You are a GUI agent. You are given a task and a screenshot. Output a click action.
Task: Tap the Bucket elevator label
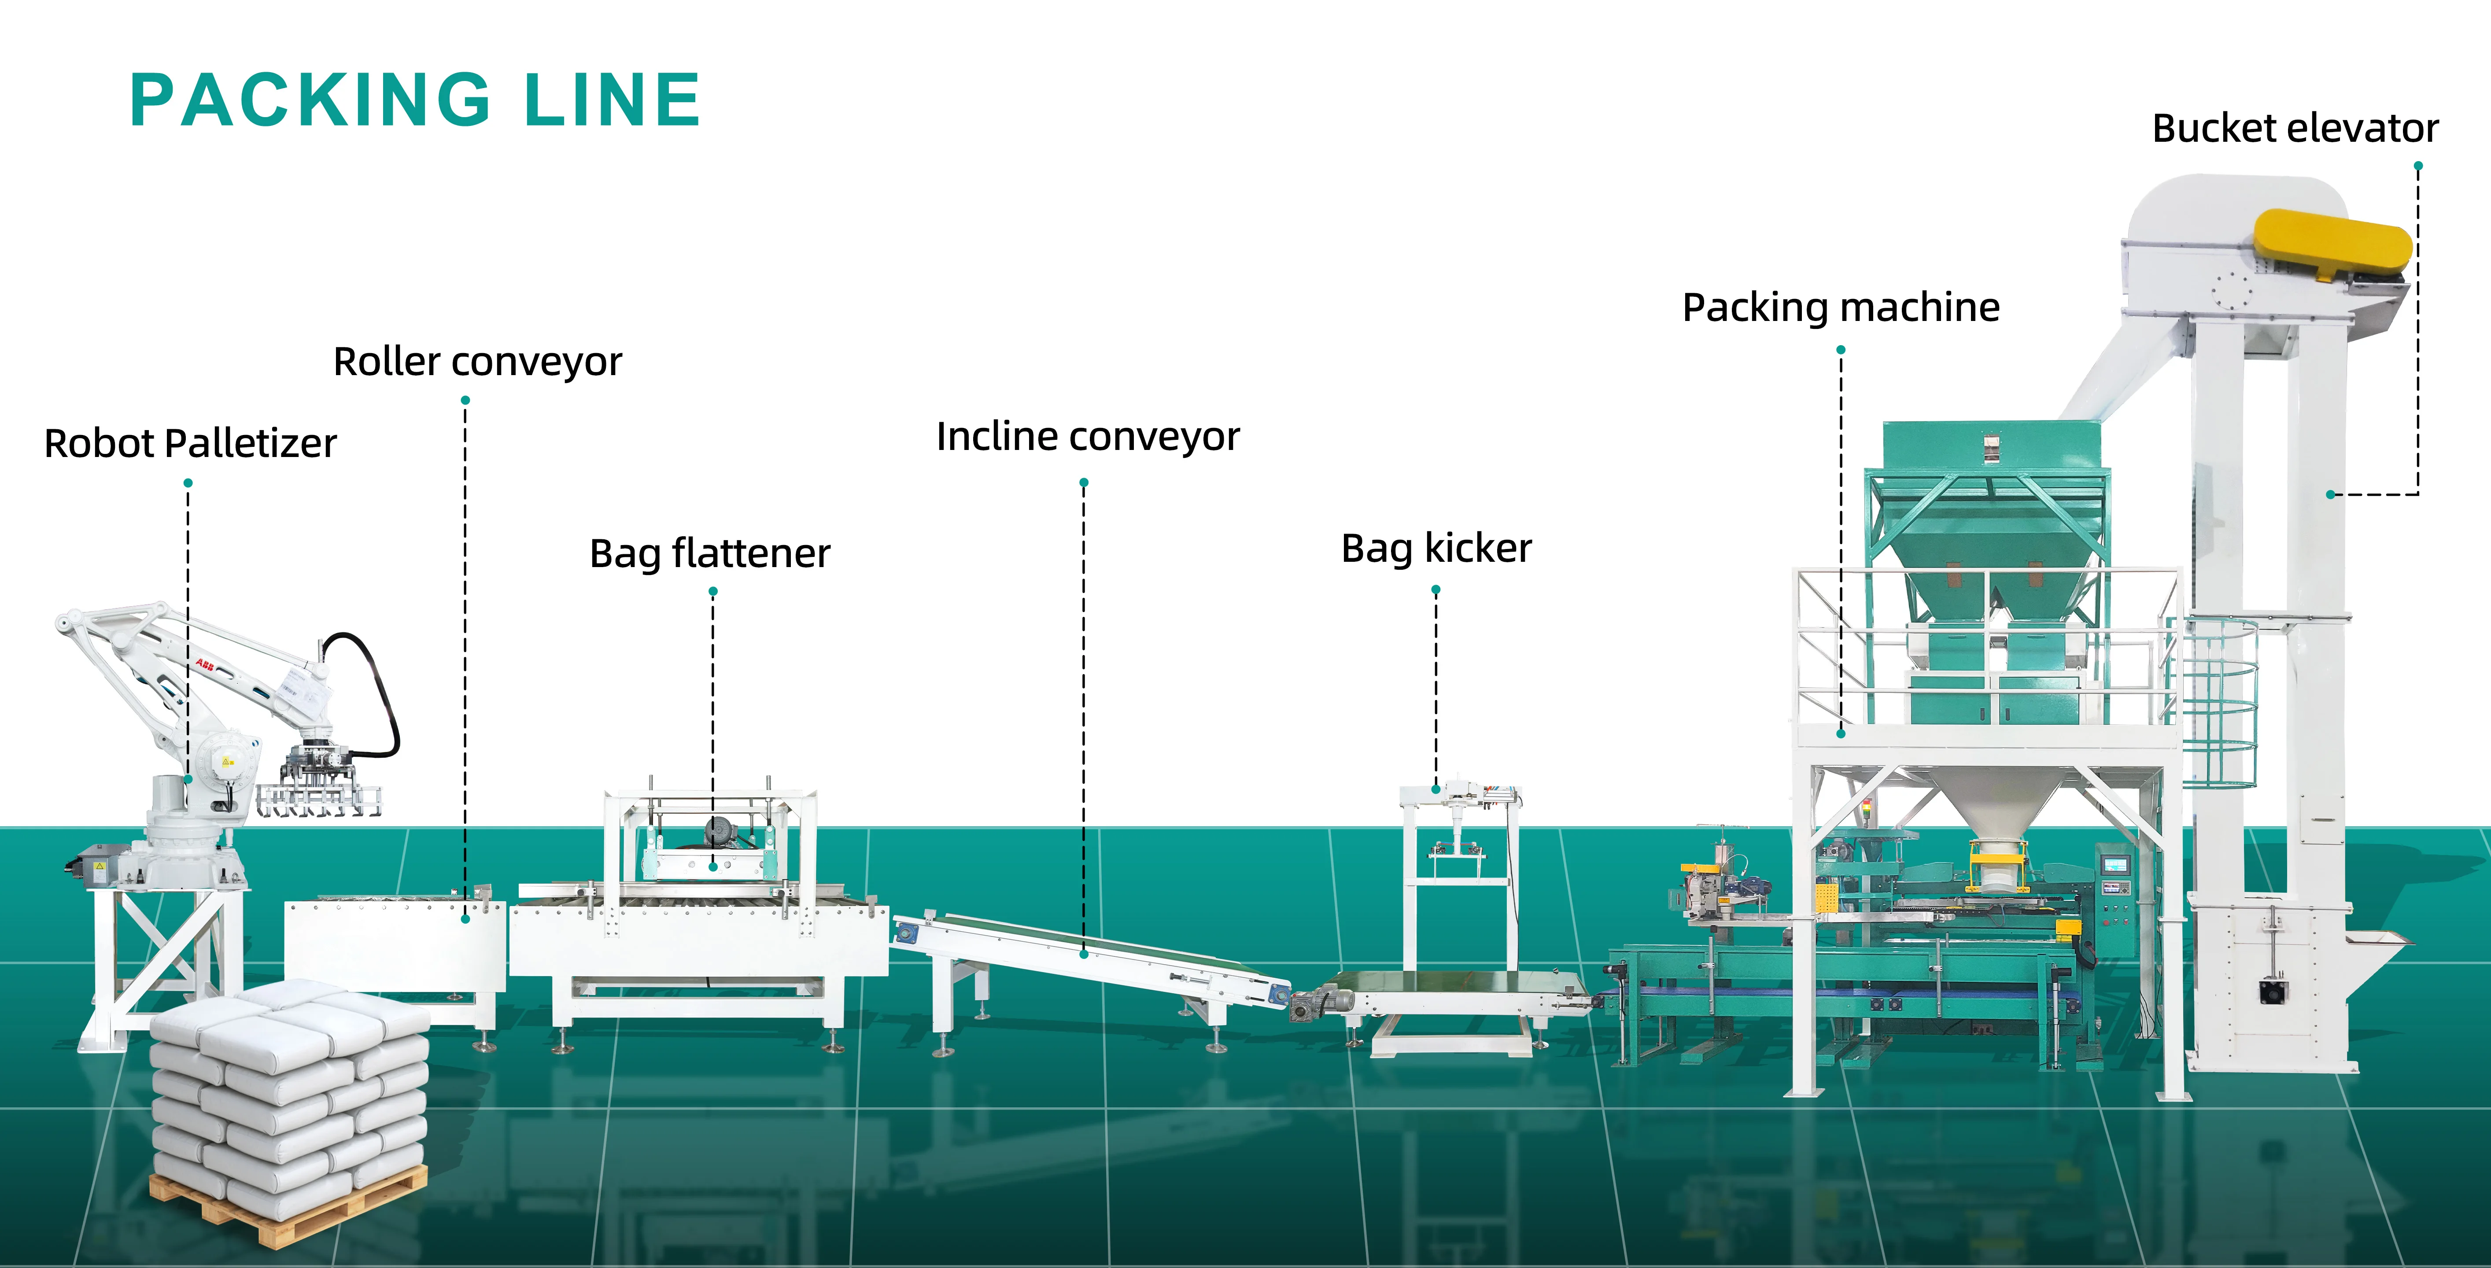coord(2295,128)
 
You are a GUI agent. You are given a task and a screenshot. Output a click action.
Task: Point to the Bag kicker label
coord(1436,549)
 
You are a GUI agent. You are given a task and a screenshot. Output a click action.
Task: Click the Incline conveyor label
coord(1088,437)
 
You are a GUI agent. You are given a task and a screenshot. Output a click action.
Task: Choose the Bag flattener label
coord(710,553)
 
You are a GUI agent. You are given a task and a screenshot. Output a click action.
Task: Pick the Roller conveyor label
coord(478,362)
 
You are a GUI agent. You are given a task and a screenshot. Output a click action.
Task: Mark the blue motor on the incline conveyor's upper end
coord(907,933)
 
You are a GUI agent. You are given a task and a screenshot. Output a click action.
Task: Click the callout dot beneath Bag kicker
coord(1436,589)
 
